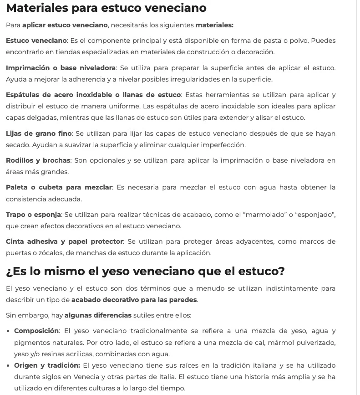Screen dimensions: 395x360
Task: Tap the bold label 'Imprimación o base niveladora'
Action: [x=61, y=68]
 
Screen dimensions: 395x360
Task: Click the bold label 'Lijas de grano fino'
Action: [x=39, y=133]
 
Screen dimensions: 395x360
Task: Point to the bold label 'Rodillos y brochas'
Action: [x=38, y=160]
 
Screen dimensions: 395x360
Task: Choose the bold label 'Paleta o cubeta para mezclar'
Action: [x=59, y=187]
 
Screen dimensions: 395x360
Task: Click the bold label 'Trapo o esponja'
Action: [x=34, y=214]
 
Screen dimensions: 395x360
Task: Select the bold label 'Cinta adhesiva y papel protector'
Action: [x=64, y=241]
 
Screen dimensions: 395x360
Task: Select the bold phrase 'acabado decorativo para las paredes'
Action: [x=134, y=300]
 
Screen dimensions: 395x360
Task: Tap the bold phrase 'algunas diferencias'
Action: [x=98, y=315]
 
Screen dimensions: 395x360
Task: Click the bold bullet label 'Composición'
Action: [x=36, y=331]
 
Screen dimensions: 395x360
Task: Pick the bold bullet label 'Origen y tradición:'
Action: [x=47, y=365]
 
